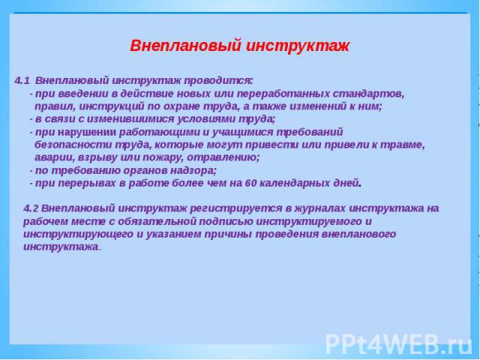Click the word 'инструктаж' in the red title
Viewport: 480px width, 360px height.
(298, 46)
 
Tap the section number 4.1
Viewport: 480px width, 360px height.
(22, 81)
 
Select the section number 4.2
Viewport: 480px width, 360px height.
(31, 208)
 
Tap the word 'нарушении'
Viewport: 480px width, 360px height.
(87, 132)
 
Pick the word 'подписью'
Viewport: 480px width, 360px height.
(226, 222)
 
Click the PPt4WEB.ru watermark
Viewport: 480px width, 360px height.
(399, 345)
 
